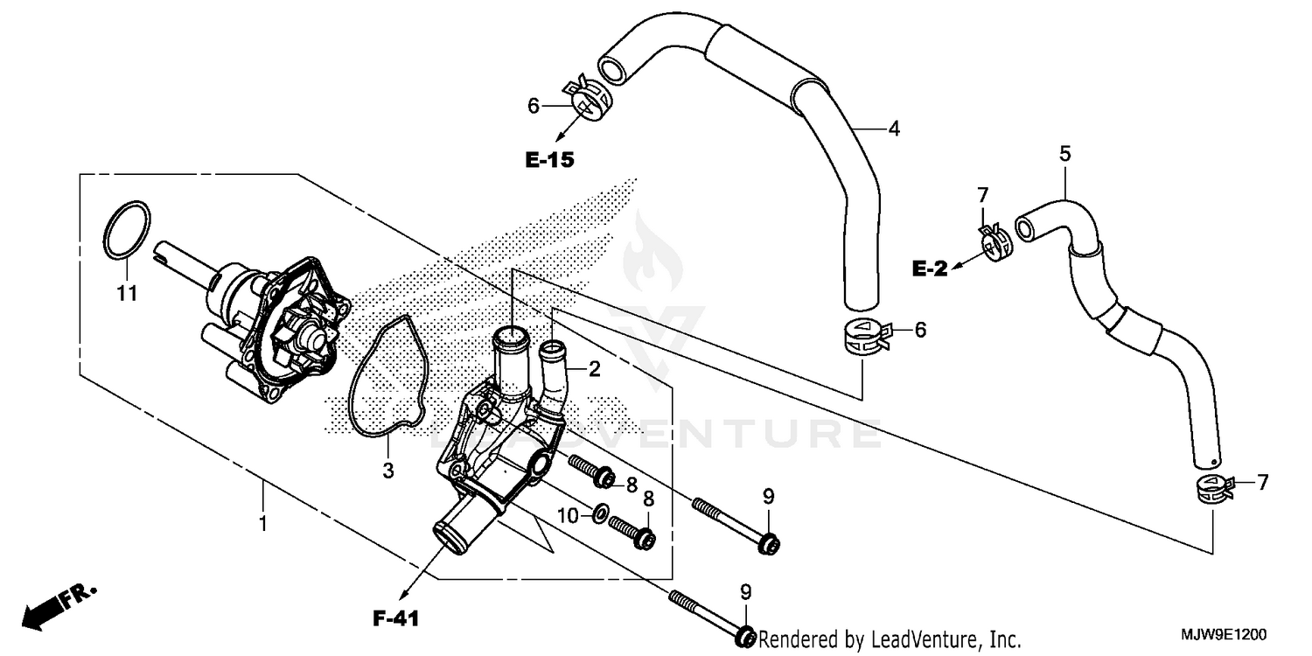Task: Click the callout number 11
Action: (x=128, y=294)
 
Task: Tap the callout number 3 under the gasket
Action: (x=387, y=471)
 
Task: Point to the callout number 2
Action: (x=594, y=369)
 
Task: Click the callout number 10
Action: (x=569, y=517)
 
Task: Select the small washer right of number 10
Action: (x=598, y=513)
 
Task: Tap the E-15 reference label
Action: (x=549, y=160)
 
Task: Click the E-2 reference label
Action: (x=930, y=270)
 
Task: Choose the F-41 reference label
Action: (x=395, y=619)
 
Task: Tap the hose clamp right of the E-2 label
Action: (x=994, y=244)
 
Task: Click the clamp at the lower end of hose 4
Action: (x=864, y=337)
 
